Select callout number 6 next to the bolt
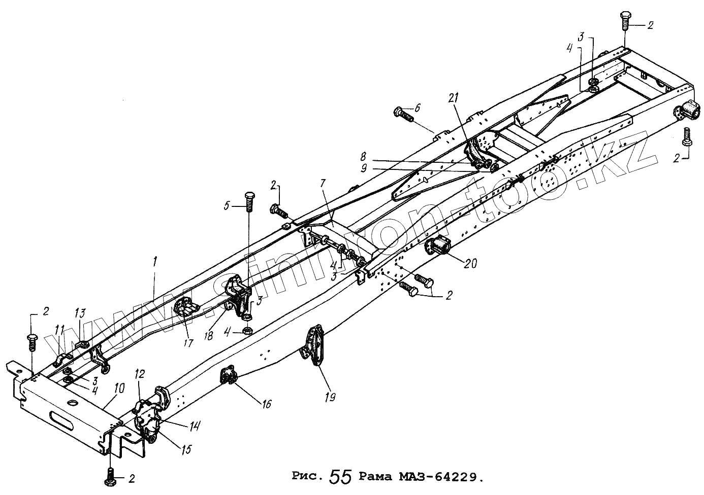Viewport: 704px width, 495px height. [x=418, y=108]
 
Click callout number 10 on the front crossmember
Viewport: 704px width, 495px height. [x=119, y=390]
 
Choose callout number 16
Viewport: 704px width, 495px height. [x=267, y=404]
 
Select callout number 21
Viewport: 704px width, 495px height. [x=454, y=97]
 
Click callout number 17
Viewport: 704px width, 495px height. [x=188, y=343]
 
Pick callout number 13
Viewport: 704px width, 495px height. [x=81, y=313]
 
